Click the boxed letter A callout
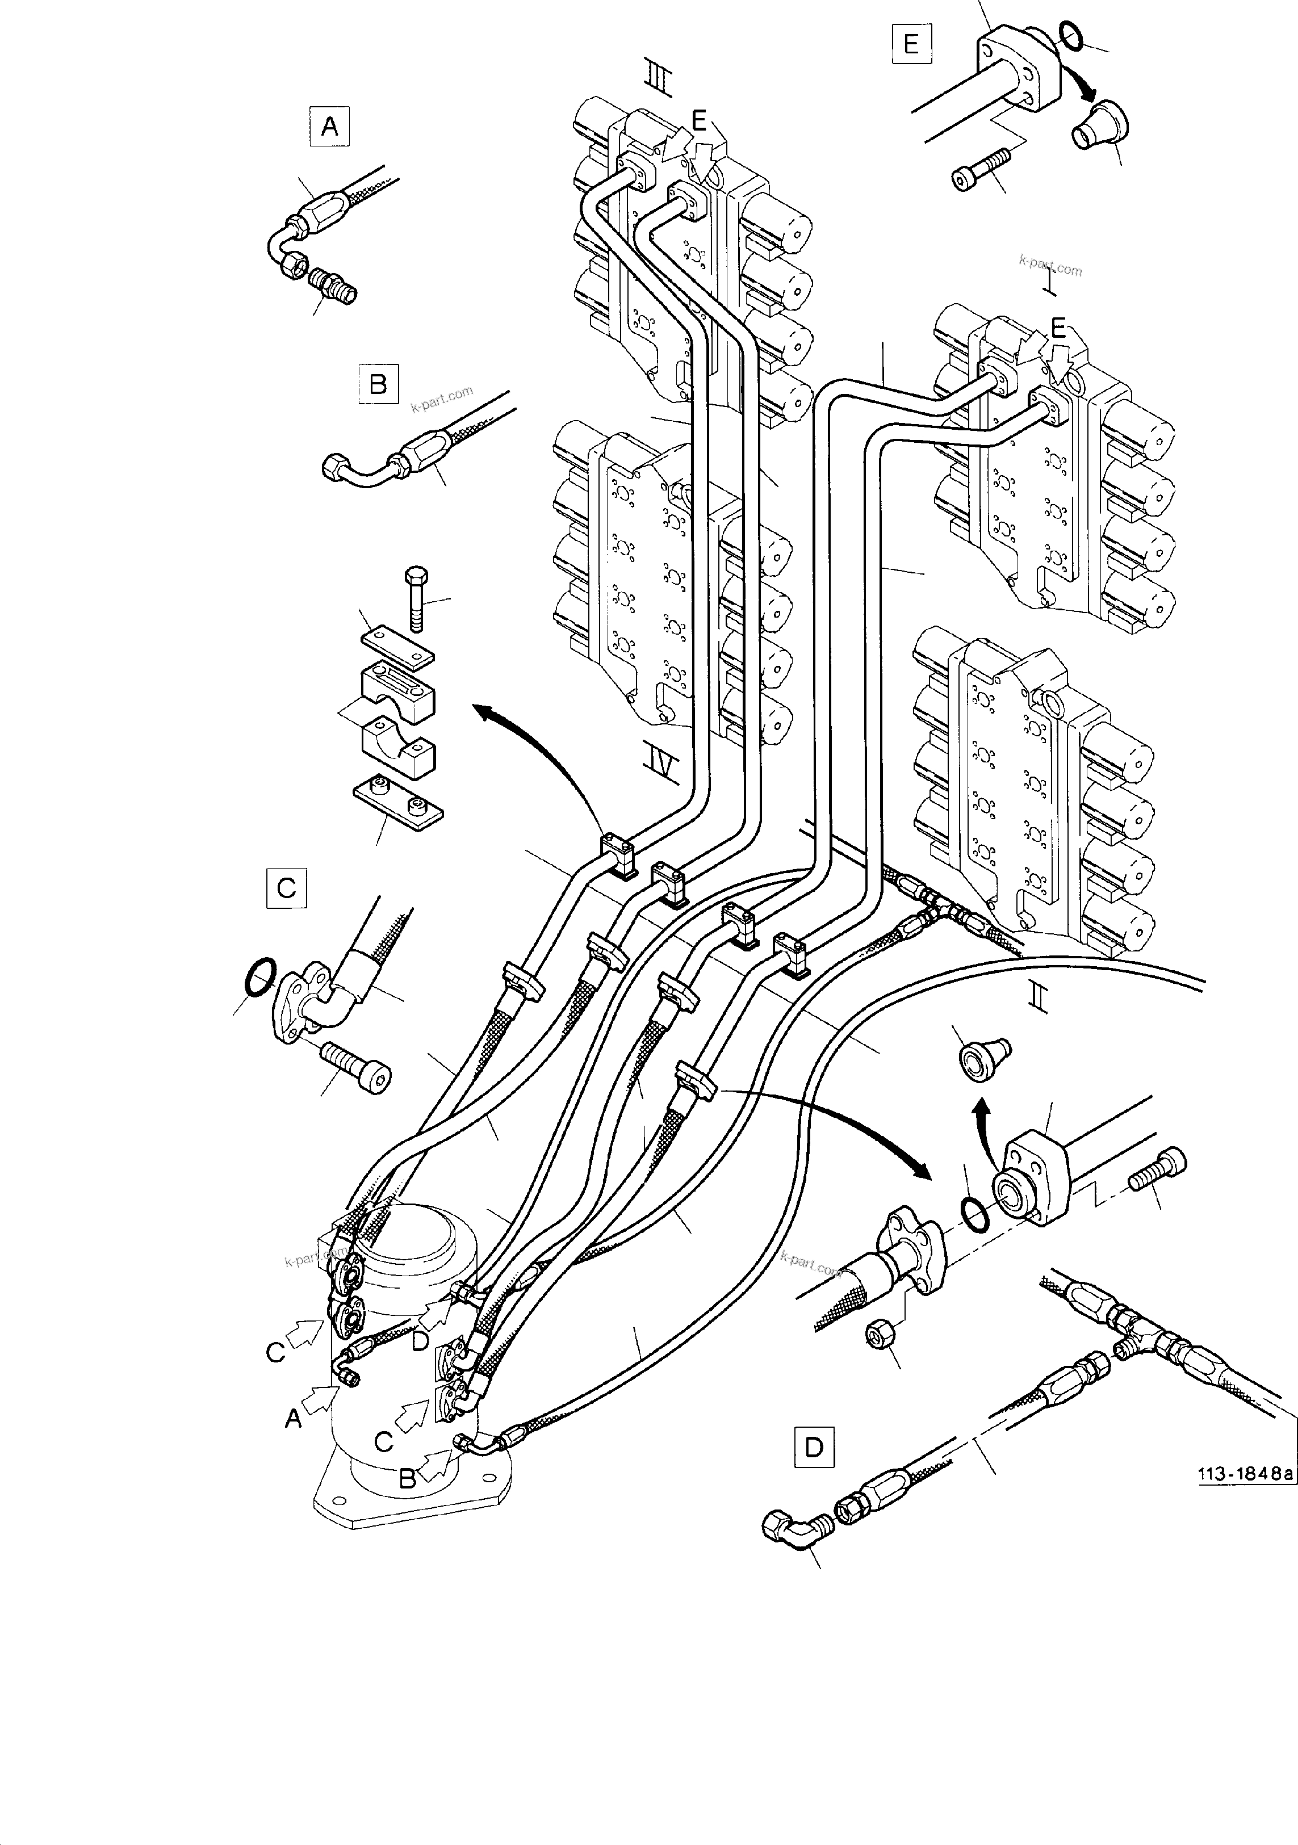(x=329, y=127)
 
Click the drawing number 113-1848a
(x=1245, y=1474)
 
